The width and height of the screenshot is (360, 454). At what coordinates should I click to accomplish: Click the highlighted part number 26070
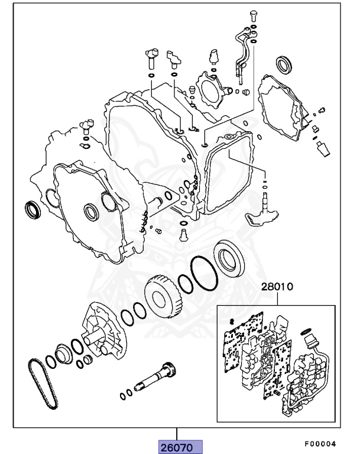180,446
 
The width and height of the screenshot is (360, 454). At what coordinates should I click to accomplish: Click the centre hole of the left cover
92,211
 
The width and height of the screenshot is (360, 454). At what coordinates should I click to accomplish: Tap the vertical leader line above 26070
176,433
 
